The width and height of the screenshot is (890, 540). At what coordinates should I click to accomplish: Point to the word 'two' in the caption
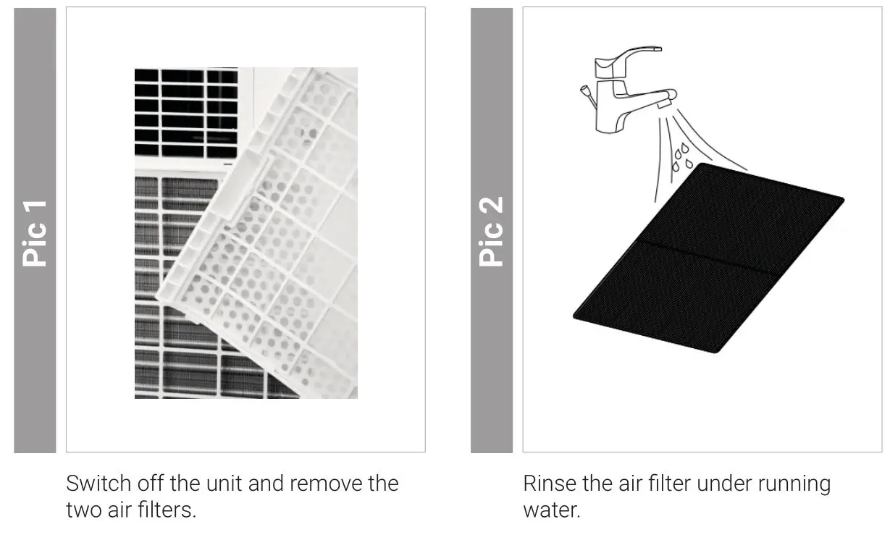[x=83, y=510]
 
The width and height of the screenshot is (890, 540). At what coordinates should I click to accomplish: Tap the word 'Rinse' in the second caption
[x=547, y=483]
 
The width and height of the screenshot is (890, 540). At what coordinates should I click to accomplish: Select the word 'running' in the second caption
[x=794, y=483]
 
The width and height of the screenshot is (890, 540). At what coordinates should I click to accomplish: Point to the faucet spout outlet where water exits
[x=665, y=106]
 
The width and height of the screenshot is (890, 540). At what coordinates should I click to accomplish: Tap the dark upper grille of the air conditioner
[x=185, y=109]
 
